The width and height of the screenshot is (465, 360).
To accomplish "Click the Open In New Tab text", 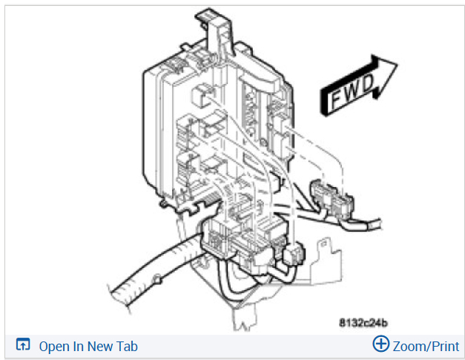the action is pyautogui.click(x=88, y=346).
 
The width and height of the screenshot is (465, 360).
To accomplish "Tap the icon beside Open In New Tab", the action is pyautogui.click(x=23, y=345).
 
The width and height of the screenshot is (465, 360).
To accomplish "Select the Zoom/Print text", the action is pyautogui.click(x=426, y=346).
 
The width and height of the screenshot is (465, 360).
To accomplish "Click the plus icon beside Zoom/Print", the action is pyautogui.click(x=380, y=344).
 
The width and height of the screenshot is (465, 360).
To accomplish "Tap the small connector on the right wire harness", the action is pyautogui.click(x=327, y=197).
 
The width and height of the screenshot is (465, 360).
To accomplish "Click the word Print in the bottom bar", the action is pyautogui.click(x=443, y=346).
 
